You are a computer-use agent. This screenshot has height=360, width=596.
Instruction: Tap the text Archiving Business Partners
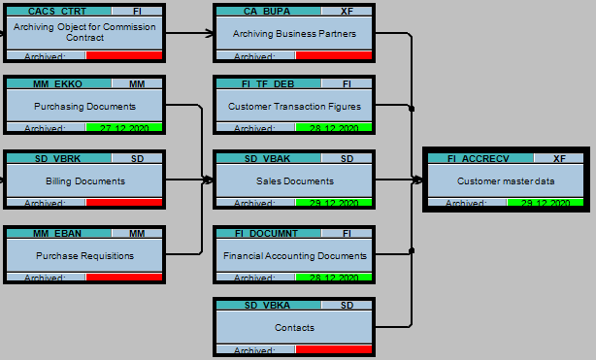(294, 33)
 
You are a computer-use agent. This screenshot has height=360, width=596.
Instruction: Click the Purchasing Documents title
(84, 106)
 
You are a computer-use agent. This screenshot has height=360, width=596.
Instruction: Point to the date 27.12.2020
(124, 128)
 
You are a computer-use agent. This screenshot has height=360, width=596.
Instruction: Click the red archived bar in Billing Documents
(124, 203)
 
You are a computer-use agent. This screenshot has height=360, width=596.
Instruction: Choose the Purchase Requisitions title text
(84, 255)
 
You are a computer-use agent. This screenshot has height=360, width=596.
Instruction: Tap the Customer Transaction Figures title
(294, 106)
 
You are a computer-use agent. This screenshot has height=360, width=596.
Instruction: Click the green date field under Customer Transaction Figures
(334, 128)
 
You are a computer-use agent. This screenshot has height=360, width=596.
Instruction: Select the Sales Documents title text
(294, 180)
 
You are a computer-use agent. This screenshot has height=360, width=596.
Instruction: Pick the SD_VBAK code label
(263, 158)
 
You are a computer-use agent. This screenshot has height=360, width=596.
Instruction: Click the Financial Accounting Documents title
(294, 255)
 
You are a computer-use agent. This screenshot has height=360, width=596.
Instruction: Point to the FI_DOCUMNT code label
(265, 233)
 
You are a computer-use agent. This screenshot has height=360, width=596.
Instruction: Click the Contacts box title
(294, 327)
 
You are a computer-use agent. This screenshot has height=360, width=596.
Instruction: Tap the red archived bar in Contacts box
(334, 349)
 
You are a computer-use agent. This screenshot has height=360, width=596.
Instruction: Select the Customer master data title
(505, 180)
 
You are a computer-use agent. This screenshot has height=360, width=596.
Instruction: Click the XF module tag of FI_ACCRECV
(559, 158)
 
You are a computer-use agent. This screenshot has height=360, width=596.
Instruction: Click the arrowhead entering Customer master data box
(418, 180)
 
